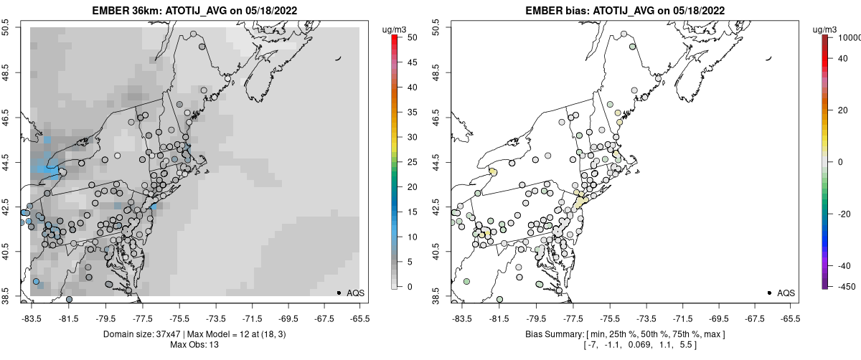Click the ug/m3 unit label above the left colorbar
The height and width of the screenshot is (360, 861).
[x=396, y=29]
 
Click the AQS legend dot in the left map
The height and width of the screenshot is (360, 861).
[x=339, y=293]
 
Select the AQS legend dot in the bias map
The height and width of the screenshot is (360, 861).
[x=769, y=293]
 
